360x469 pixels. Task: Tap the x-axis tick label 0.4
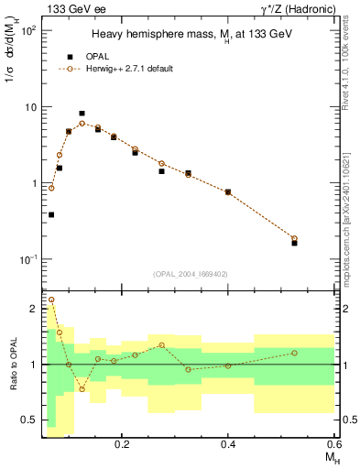[228, 443]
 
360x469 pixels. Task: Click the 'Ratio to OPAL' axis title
[12, 365]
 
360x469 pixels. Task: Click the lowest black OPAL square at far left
[51, 214]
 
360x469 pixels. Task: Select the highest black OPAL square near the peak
[82, 114]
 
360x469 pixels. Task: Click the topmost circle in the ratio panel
[51, 300]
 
